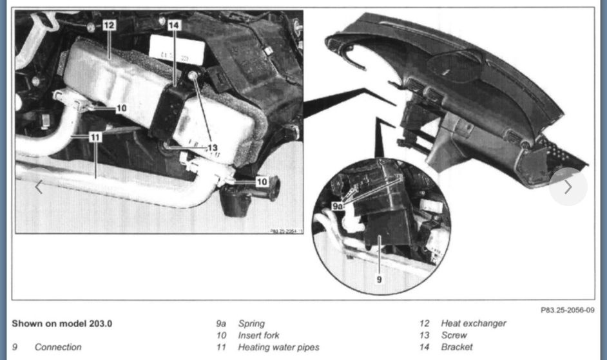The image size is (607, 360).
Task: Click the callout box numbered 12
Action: (x=108, y=25)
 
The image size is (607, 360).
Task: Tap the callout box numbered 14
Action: (x=175, y=25)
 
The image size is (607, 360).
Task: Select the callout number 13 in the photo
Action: (x=212, y=147)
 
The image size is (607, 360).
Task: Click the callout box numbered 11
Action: (x=95, y=137)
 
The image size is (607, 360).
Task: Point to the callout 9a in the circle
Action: (x=338, y=205)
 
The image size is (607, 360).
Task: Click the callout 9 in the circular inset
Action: (x=380, y=279)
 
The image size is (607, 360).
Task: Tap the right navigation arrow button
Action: (x=568, y=187)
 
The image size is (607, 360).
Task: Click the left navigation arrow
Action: (x=39, y=187)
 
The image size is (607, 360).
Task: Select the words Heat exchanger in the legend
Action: (x=474, y=323)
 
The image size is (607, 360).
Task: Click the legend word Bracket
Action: (x=456, y=346)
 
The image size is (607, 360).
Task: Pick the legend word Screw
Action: (x=454, y=335)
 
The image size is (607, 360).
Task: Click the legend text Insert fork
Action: (x=258, y=335)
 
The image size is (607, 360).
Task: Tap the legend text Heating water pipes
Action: (x=278, y=346)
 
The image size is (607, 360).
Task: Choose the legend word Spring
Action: (x=251, y=323)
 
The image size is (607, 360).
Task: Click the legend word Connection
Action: (x=58, y=346)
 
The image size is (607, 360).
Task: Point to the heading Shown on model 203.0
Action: (x=61, y=323)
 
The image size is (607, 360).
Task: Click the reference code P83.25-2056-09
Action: (x=567, y=310)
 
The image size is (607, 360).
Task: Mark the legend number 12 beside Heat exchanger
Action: (x=424, y=323)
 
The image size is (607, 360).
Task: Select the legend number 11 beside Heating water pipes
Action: (x=222, y=346)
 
